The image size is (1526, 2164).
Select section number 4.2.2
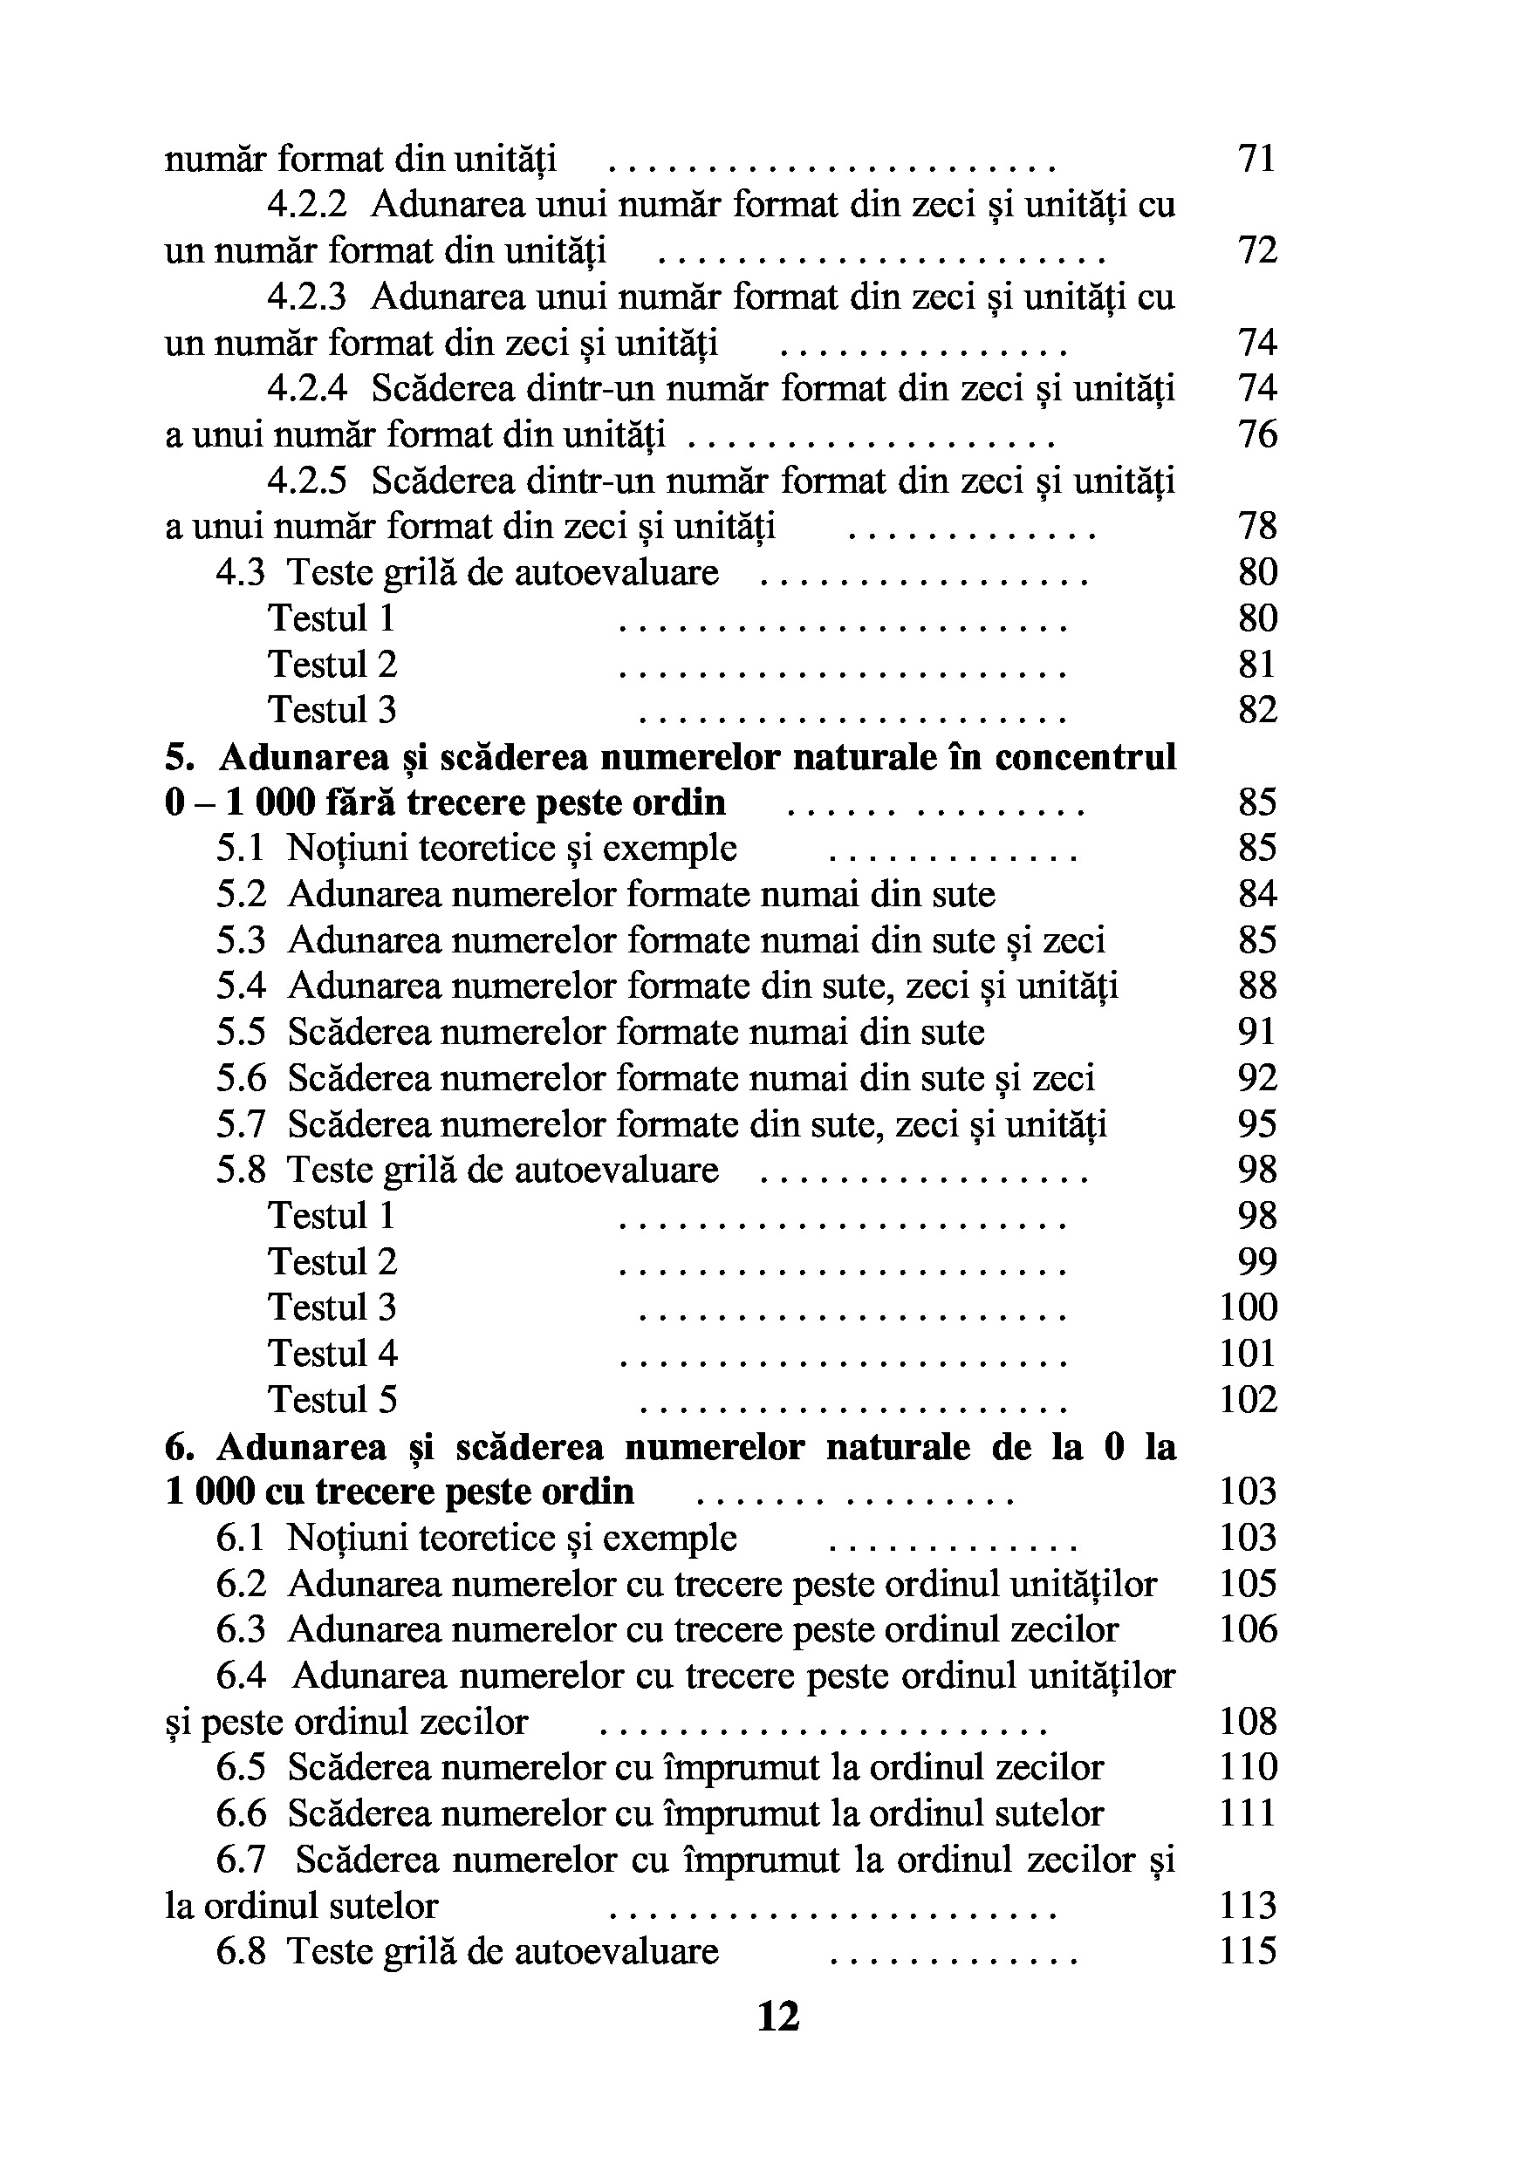tap(307, 204)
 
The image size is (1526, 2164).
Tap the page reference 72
tap(1257, 250)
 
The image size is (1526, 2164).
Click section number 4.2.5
tap(307, 481)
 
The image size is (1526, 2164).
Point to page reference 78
tap(1257, 526)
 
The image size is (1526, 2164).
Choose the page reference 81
tap(1257, 665)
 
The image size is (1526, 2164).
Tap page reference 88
tap(1257, 986)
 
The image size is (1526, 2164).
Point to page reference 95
tap(1257, 1124)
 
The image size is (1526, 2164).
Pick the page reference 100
tap(1248, 1307)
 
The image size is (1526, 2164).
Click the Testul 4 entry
tap(332, 1354)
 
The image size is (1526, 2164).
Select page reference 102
tap(1248, 1400)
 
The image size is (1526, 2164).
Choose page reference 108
tap(1248, 1722)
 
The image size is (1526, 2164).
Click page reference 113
tap(1248, 1905)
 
